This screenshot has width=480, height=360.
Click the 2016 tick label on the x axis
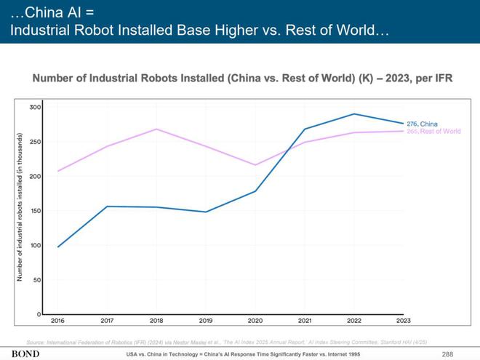(58, 320)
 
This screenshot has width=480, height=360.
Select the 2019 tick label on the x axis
(207, 320)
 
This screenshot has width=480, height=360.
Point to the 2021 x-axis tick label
(305, 320)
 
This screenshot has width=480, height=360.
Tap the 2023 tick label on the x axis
(404, 320)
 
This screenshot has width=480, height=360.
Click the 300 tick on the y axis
(35, 107)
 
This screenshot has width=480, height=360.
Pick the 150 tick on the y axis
(35, 211)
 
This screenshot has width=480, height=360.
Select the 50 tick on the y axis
(36, 279)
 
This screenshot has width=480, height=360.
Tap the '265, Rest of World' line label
(433, 132)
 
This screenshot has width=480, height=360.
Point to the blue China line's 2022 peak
(355, 114)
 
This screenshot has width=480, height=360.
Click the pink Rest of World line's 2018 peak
(157, 129)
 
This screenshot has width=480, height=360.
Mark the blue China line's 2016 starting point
(58, 247)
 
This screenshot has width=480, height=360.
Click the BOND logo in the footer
(25, 353)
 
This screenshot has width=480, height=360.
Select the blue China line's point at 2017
(108, 207)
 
